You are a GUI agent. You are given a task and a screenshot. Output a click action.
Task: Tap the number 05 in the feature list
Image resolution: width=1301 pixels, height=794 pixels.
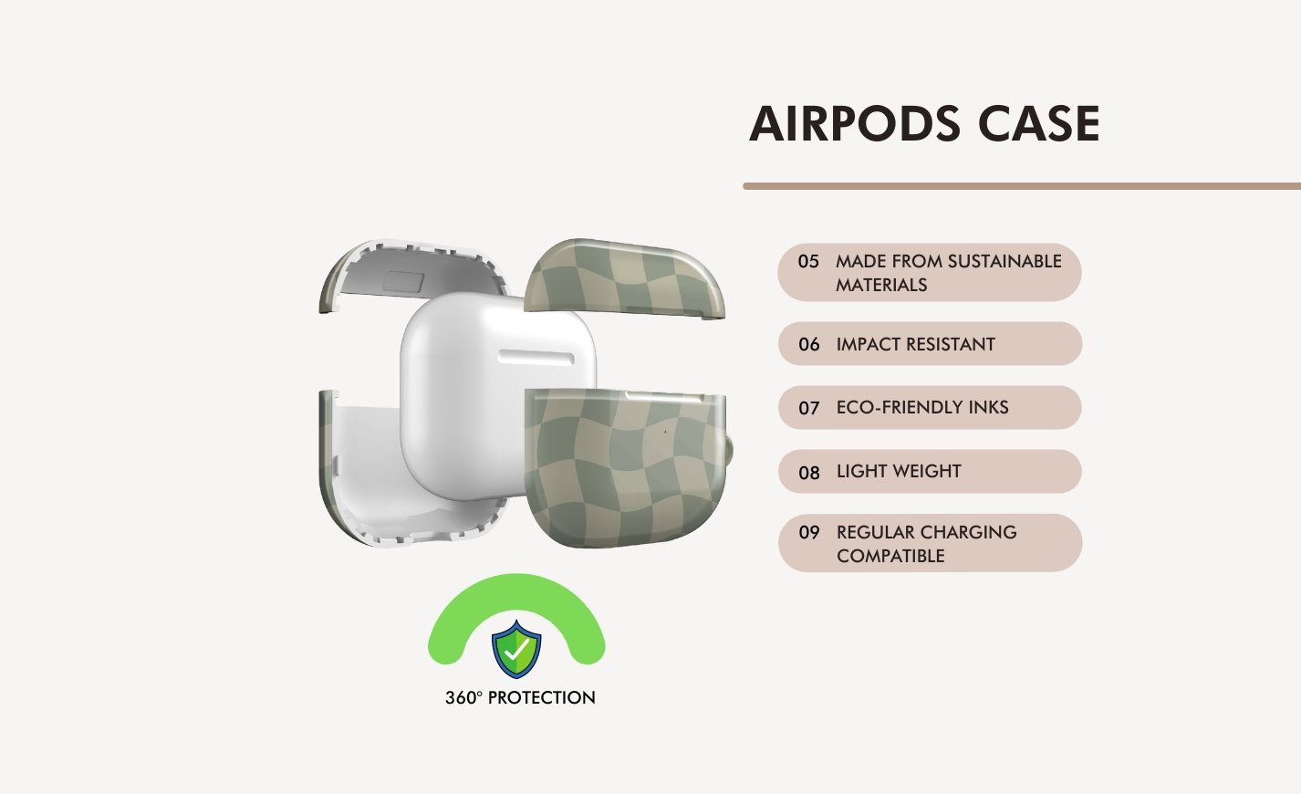tap(808, 261)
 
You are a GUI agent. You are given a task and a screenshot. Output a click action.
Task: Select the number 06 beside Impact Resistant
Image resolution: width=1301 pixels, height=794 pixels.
tap(809, 344)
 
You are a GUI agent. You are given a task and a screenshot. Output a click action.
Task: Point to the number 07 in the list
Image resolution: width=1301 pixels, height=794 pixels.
tap(809, 408)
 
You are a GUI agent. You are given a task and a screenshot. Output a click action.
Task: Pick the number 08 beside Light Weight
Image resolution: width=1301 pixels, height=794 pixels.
tap(809, 473)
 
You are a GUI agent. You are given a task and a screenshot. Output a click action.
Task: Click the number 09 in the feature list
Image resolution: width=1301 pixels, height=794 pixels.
tap(809, 532)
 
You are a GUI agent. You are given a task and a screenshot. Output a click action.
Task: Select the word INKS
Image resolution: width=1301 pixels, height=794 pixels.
tap(989, 408)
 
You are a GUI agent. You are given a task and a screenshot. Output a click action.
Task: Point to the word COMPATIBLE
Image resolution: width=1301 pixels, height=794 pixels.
tap(890, 556)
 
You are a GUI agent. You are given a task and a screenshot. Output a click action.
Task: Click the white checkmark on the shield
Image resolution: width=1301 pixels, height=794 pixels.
tap(516, 650)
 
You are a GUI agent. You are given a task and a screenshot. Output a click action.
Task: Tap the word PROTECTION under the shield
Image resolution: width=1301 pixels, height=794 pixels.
tap(541, 697)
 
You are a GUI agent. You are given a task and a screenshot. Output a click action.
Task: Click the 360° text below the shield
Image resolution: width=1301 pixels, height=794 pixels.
tap(463, 697)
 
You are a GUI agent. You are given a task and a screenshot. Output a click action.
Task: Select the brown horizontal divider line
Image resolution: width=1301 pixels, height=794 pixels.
tap(1022, 186)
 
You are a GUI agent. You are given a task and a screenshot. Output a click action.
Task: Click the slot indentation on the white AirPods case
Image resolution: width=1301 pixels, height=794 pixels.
tap(536, 357)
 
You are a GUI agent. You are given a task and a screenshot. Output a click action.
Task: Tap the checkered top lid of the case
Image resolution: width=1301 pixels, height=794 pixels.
tap(624, 277)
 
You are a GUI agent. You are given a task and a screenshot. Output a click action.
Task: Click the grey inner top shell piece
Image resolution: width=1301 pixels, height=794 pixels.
tap(413, 273)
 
